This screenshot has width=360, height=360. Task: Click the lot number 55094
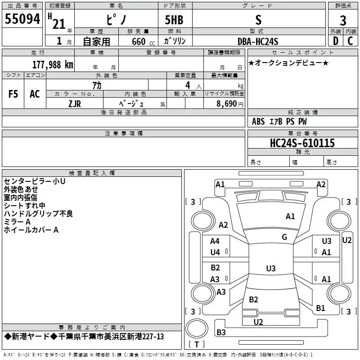(x=22, y=19)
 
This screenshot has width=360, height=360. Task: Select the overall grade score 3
(x=343, y=20)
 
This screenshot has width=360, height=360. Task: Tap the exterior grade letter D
(x=336, y=41)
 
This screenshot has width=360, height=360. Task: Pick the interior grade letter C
(x=350, y=41)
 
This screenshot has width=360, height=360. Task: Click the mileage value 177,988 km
(x=53, y=65)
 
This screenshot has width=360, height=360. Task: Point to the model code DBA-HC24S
(x=258, y=41)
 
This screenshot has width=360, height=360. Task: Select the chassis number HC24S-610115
(x=302, y=143)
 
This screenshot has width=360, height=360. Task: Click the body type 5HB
(x=174, y=20)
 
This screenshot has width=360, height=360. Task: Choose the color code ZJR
(x=75, y=104)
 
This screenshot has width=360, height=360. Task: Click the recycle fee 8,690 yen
(x=230, y=104)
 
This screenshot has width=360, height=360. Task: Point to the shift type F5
(x=13, y=94)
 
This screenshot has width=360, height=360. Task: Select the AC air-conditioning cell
(x=35, y=94)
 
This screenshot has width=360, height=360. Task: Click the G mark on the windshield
(x=284, y=237)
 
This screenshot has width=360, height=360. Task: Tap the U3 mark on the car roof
(x=271, y=268)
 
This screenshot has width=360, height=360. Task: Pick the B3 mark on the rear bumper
(x=221, y=332)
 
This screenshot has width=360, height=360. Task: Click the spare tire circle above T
(x=197, y=328)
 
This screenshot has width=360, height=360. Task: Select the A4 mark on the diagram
(x=215, y=241)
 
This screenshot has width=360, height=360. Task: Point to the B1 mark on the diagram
(x=320, y=308)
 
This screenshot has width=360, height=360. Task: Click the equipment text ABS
(x=258, y=121)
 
